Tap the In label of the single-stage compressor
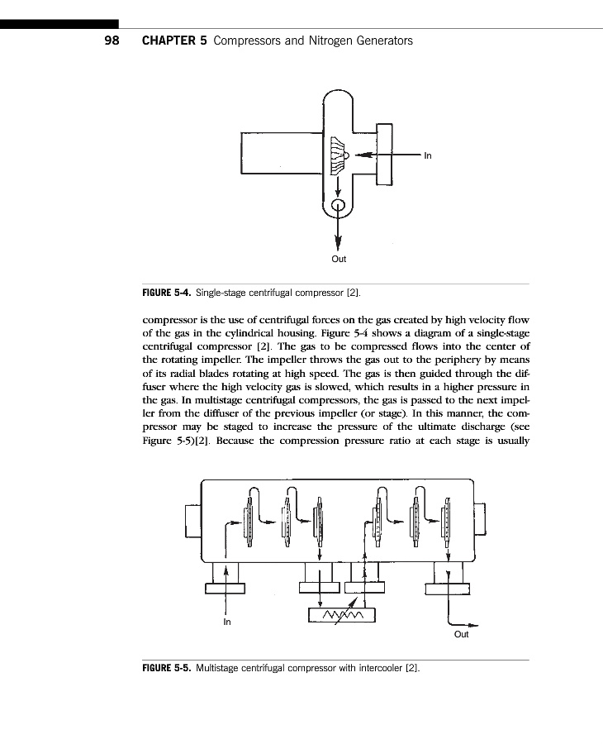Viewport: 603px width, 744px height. [x=427, y=155]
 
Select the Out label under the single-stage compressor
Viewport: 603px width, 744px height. [x=339, y=259]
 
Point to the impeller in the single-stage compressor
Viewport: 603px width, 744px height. [x=336, y=155]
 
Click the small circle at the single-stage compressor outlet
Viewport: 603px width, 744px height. [x=338, y=206]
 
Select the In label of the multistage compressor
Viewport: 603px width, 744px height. [x=227, y=622]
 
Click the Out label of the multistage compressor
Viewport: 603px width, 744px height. [x=462, y=634]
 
